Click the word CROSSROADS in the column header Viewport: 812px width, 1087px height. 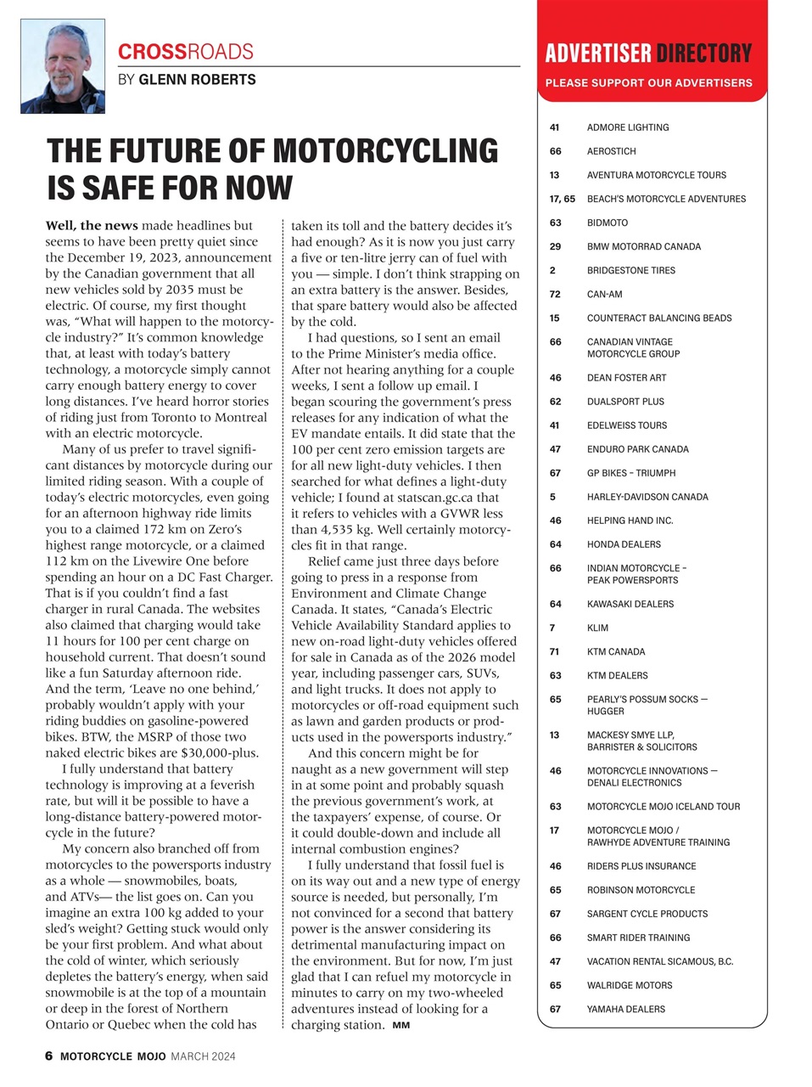[186, 52]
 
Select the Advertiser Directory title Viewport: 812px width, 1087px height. [648, 54]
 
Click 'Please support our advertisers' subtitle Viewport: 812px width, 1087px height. [648, 83]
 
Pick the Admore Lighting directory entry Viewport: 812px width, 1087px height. [628, 127]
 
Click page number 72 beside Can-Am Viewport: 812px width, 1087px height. [555, 295]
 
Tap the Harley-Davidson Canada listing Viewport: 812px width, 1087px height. [647, 497]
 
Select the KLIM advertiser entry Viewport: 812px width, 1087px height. [597, 628]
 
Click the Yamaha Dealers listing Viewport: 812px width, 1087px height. [626, 1009]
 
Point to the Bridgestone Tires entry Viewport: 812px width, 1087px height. [631, 271]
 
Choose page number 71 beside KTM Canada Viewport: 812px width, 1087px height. [555, 652]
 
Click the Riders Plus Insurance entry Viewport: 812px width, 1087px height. [641, 866]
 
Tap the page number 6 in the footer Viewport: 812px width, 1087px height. [49, 1056]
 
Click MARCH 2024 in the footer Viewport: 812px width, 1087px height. [203, 1056]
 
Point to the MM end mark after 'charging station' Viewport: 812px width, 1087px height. [401, 1026]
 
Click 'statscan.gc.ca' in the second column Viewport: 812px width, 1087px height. [436, 498]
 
